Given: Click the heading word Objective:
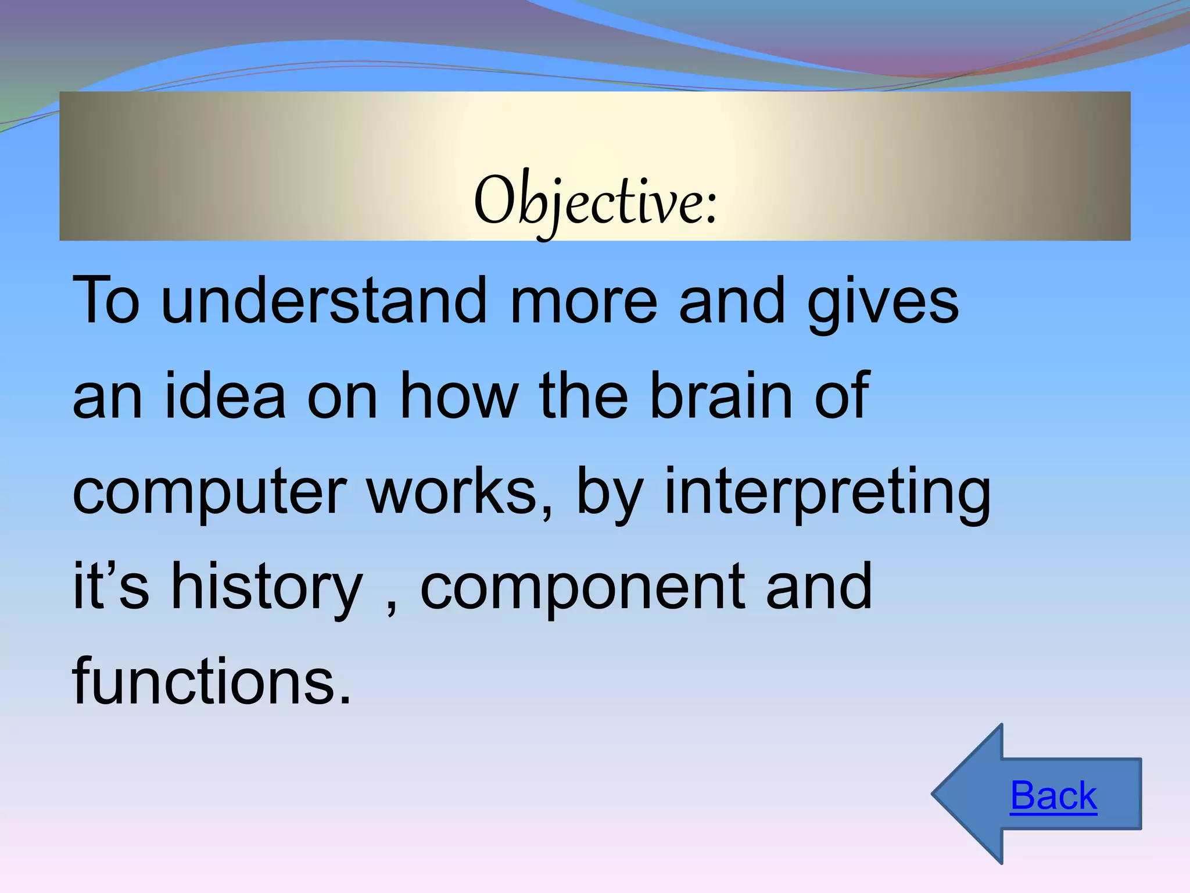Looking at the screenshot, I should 596,201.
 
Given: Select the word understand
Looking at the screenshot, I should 324,301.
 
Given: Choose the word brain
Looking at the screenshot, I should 721,396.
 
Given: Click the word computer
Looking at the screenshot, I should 210,493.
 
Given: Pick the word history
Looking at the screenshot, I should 267,587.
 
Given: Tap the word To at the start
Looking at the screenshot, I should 106,301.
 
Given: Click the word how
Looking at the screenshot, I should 459,396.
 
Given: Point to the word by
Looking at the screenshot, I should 609,493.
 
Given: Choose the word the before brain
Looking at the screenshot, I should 584,396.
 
